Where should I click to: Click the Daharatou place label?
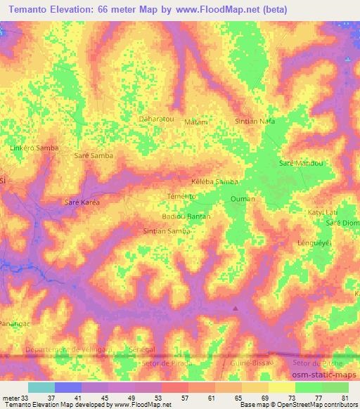tap(157, 119)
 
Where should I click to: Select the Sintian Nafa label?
tap(254, 121)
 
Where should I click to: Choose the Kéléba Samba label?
tap(214, 181)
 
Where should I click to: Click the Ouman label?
tap(242, 199)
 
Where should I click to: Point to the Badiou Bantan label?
tap(186, 216)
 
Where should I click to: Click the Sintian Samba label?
tap(167, 231)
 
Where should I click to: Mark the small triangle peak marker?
tap(236, 307)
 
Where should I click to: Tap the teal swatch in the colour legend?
tap(41, 387)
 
